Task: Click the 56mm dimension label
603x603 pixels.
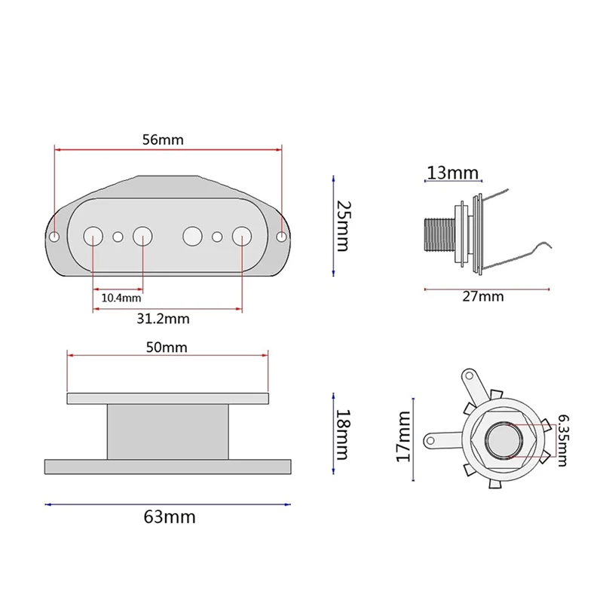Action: tap(163, 139)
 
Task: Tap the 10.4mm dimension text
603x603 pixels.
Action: tap(121, 298)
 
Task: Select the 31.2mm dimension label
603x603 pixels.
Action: tap(163, 319)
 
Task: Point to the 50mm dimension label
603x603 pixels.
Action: tap(167, 347)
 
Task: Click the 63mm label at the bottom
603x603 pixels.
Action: tap(170, 517)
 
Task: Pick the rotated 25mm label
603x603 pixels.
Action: tap(342, 225)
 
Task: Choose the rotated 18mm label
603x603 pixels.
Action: tap(342, 435)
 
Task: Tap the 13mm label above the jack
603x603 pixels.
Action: tap(453, 173)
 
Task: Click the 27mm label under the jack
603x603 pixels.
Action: tap(483, 296)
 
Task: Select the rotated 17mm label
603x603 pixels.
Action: tap(403, 436)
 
